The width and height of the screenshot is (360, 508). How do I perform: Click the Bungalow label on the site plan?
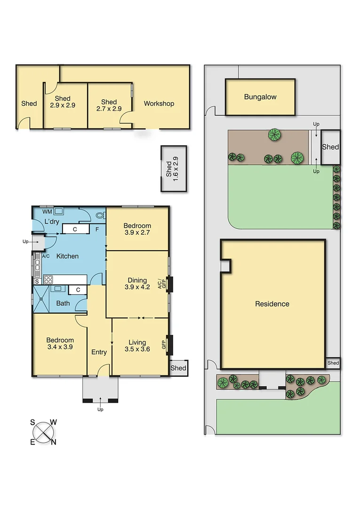pos(260,97)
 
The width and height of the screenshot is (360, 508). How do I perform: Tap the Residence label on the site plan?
pos(272,304)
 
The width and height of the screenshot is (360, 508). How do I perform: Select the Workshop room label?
pos(159,103)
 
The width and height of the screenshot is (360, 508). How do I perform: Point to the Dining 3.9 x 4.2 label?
pos(137,284)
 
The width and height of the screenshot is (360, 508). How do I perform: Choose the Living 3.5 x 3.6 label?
pos(137,346)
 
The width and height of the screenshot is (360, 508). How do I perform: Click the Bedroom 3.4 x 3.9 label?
pos(60,344)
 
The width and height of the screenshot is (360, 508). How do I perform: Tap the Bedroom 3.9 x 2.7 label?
pos(137,229)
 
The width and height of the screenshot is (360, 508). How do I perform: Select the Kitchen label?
pos(68,256)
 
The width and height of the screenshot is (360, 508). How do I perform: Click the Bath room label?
pos(63,303)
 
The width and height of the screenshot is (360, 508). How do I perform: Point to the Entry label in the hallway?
pos(99,352)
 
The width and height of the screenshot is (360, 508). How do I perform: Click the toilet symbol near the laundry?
pos(100,216)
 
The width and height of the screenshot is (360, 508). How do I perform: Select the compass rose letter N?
pos(54,441)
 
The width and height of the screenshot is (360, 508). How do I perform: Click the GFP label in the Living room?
pos(164,345)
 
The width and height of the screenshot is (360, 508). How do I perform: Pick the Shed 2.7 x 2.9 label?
pos(109,105)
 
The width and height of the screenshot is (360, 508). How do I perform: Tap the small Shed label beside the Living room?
pos(178,368)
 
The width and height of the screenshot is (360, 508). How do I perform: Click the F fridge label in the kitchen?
pos(97,229)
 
